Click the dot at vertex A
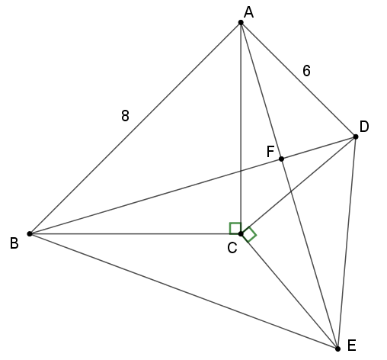pyautogui.click(x=241, y=23)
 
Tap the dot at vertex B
pyautogui.click(x=30, y=233)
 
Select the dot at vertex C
pyautogui.click(x=241, y=233)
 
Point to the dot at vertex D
pyautogui.click(x=356, y=137)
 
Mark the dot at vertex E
pyautogui.click(x=337, y=349)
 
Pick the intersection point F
pyautogui.click(x=281, y=159)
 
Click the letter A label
pyautogui.click(x=248, y=12)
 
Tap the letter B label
pyautogui.click(x=14, y=243)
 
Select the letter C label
pyautogui.click(x=232, y=248)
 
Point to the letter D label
pyautogui.click(x=364, y=127)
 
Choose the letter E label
pyautogui.click(x=351, y=346)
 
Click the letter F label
pyautogui.click(x=270, y=152)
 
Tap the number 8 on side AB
pyautogui.click(x=125, y=116)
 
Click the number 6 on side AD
pyautogui.click(x=306, y=71)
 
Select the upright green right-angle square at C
pyautogui.click(x=235, y=228)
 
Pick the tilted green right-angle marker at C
pyautogui.click(x=249, y=234)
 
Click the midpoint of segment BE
pyautogui.click(x=184, y=291)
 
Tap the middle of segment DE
pyautogui.click(x=347, y=243)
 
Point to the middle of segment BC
pyautogui.click(x=135, y=233)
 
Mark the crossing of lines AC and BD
pyautogui.click(x=241, y=171)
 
